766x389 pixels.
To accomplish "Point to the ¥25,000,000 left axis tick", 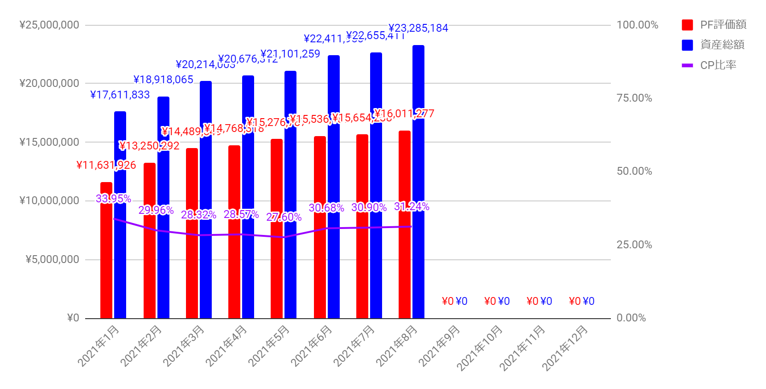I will [49, 25].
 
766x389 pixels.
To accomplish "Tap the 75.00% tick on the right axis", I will [634, 98].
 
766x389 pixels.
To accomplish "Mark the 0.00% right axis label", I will [631, 318].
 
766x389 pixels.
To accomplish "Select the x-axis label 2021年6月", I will [312, 346].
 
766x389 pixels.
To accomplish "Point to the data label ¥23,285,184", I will [418, 29].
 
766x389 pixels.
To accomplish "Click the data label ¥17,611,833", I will [120, 95].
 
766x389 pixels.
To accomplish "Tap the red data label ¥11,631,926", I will [106, 165].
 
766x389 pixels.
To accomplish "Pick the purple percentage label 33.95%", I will [113, 199].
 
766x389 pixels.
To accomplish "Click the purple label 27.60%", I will [284, 217].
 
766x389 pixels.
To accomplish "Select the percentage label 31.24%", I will [412, 207].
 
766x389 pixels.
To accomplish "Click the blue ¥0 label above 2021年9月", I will [461, 301].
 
